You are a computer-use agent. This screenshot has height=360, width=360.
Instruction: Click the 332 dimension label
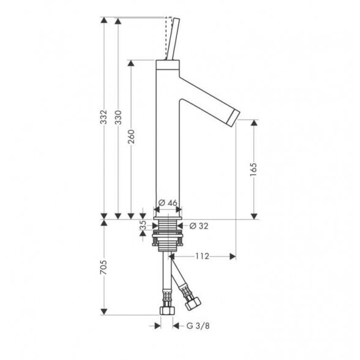(x=104, y=117)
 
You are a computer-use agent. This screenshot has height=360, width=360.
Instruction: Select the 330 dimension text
(x=118, y=118)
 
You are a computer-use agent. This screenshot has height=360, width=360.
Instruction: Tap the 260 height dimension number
(x=131, y=137)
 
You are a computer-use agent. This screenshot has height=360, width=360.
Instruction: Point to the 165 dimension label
(x=253, y=170)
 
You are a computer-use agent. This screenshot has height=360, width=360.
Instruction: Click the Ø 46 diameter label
(x=168, y=203)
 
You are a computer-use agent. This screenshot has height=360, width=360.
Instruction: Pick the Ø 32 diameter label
(x=199, y=226)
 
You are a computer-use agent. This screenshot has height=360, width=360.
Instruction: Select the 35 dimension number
(x=143, y=225)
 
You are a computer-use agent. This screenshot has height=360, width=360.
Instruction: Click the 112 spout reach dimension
(x=202, y=256)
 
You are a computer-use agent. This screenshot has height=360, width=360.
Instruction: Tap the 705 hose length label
(x=104, y=267)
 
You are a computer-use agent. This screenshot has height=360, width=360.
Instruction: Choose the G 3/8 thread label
(x=198, y=326)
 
